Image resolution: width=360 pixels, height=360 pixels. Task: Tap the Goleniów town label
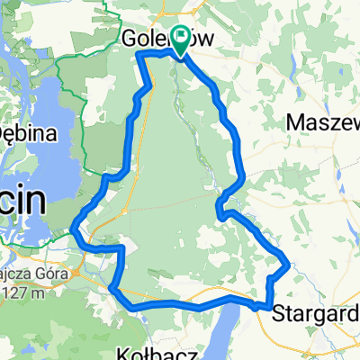coord(153,40)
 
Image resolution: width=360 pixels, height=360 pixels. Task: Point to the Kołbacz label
coord(150,350)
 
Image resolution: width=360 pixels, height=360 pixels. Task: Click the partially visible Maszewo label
coord(322,121)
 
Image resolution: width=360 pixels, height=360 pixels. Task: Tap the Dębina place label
coord(27,134)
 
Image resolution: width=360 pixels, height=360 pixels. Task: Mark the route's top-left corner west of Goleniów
coord(140,56)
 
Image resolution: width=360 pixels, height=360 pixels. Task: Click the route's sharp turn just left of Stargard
coord(269,307)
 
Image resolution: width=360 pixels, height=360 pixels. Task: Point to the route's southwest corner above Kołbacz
coord(112,288)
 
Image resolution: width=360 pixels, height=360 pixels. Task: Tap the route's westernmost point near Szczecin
coord(71,233)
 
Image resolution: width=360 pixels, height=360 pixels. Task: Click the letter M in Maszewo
coord(293,121)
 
